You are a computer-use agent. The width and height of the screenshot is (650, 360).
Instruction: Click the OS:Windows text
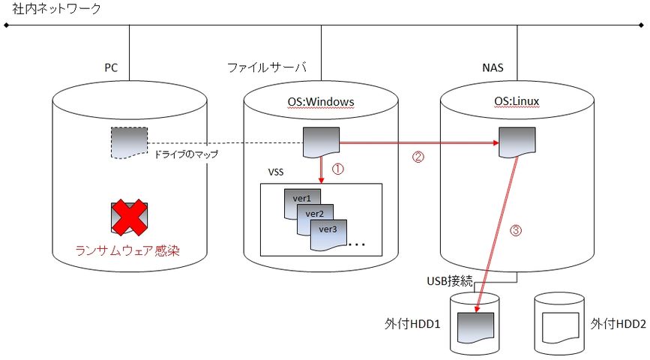coord(321,102)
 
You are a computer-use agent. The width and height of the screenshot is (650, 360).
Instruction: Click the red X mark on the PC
coord(128,217)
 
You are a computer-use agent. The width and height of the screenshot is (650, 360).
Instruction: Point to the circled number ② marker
coord(418,157)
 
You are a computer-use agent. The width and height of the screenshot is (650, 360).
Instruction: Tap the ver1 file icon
coord(301,199)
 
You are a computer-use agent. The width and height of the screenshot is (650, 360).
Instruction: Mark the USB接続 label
coord(450,281)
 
